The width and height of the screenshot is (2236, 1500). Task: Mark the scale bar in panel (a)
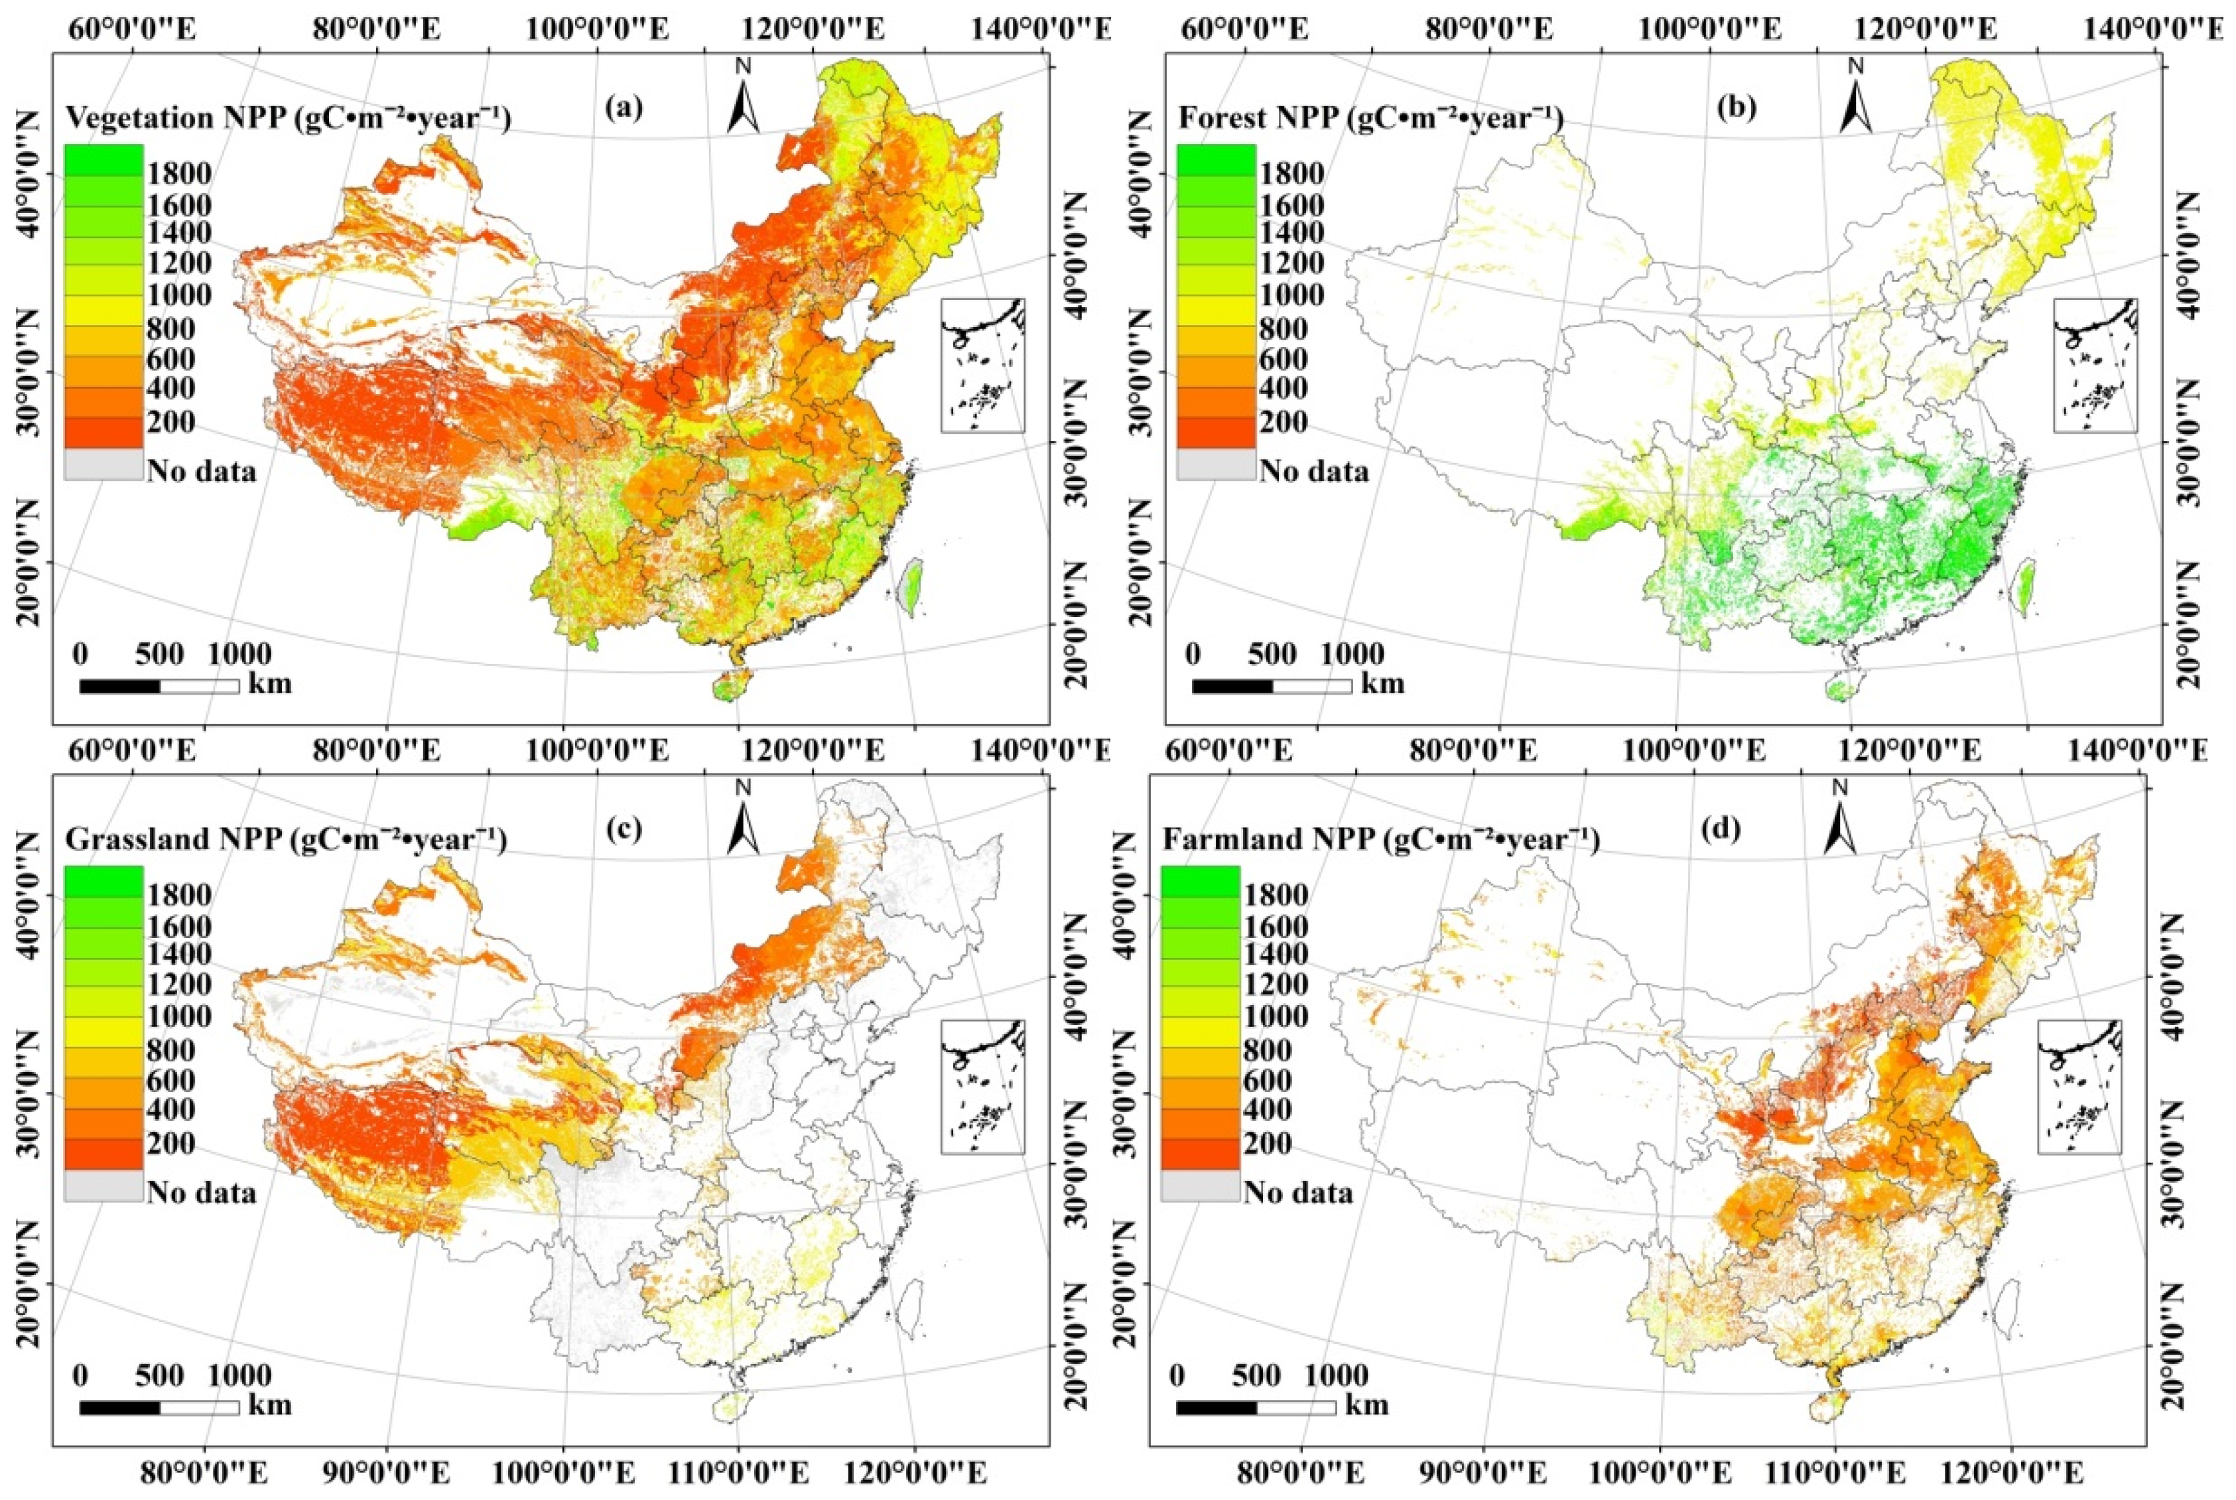[x=159, y=686]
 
